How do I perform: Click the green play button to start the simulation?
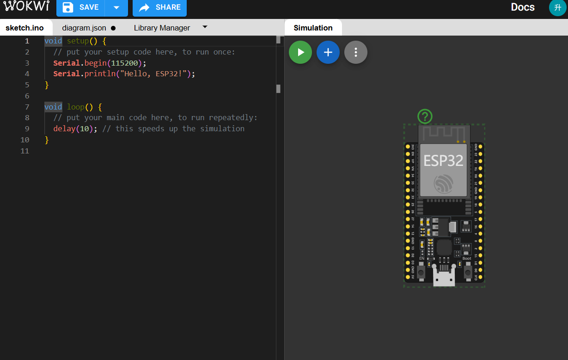[x=300, y=52]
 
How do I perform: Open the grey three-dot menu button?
[x=356, y=52]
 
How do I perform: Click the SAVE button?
[x=81, y=7]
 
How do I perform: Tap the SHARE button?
[x=159, y=7]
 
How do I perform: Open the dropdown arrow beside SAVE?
[x=116, y=7]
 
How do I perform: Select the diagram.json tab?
[x=84, y=28]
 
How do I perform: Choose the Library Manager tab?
[x=162, y=28]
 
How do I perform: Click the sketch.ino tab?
[x=24, y=28]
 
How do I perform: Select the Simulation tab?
[x=313, y=28]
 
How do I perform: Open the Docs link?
[x=523, y=7]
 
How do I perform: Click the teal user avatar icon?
[x=557, y=7]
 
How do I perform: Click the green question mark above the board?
[x=425, y=116]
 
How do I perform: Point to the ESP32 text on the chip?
[x=443, y=160]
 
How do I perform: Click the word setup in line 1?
[x=78, y=41]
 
